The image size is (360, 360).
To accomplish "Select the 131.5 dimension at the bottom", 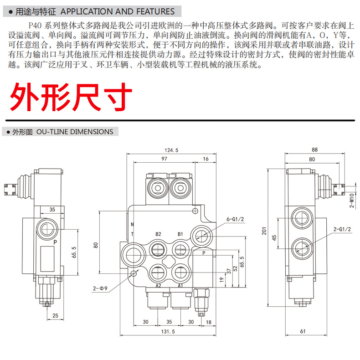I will click(169, 332).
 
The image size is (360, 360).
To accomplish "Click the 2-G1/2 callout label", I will click(341, 230).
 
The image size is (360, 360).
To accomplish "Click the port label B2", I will click(158, 234).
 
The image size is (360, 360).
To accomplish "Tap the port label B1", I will click(180, 234).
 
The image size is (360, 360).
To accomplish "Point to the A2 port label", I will click(159, 286).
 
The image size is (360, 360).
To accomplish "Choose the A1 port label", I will click(180, 286).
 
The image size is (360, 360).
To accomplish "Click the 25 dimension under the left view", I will click(55, 315).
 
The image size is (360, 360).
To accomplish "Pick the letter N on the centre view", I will click(132, 225).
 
